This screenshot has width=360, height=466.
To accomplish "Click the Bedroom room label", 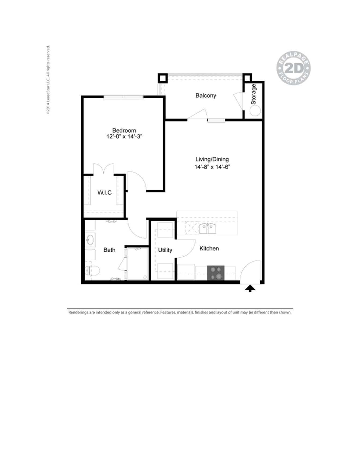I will click(124, 130).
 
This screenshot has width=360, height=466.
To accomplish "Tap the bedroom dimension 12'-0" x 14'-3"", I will click(124, 136).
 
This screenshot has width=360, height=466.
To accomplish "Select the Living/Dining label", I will click(212, 159).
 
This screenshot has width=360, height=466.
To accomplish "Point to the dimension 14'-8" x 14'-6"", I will click(212, 167).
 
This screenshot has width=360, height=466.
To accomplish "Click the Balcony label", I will click(206, 95).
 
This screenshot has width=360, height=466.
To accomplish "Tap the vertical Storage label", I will click(254, 94).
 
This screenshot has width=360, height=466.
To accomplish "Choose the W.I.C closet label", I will click(105, 193).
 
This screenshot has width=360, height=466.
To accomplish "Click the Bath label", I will click(109, 250).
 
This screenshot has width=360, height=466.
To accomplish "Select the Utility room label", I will click(165, 250).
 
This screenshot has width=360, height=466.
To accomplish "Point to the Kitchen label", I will click(209, 249).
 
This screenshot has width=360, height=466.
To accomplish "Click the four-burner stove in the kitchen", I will click(216, 273).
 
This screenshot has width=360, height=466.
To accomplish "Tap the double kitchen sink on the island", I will click(207, 229).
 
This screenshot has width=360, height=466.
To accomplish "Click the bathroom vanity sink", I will click(90, 240).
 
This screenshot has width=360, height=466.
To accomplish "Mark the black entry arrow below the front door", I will click(250, 289).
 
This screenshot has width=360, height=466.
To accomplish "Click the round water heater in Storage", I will click(255, 111).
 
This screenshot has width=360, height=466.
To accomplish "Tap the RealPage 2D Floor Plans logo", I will click(293, 68).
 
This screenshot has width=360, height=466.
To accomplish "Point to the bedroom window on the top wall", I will click(124, 97).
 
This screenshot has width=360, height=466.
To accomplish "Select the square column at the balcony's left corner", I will click(162, 78).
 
